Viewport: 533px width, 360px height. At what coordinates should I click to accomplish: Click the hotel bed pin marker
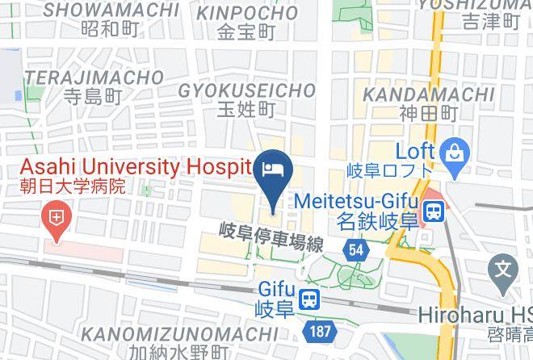(271, 170)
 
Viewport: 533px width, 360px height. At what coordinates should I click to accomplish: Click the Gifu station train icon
(308, 299)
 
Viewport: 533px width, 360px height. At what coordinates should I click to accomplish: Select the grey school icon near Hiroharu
(504, 268)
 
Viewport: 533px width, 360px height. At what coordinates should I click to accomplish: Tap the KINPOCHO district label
(247, 13)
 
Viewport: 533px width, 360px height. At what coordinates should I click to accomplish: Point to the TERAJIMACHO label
(94, 77)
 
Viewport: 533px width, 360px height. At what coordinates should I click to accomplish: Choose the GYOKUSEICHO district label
(246, 88)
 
